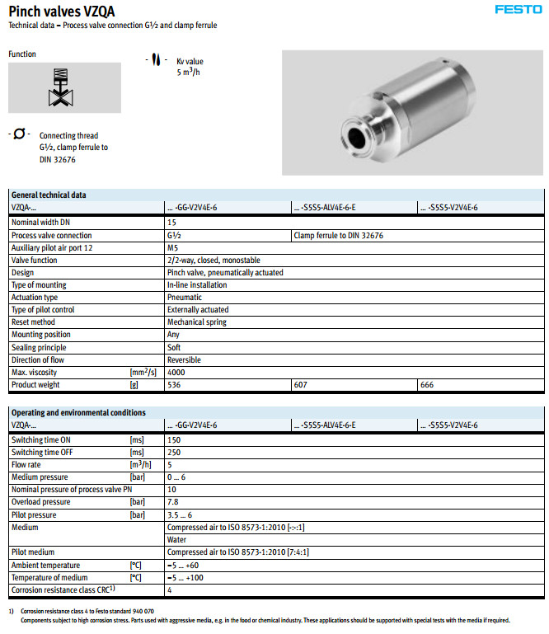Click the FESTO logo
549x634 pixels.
pyautogui.click(x=518, y=10)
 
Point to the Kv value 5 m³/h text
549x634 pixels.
pyautogui.click(x=190, y=67)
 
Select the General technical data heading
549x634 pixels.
pyautogui.click(x=48, y=195)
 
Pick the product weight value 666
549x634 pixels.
pyautogui.click(x=428, y=385)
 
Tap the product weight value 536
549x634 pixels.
pyautogui.click(x=174, y=385)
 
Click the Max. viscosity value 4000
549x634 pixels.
pyautogui.click(x=176, y=373)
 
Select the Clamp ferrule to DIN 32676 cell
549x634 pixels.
pyautogui.click(x=338, y=235)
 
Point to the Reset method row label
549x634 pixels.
pyautogui.click(x=33, y=322)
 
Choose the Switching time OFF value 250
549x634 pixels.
pyautogui.click(x=174, y=452)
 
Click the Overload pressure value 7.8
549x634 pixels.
pyautogui.click(x=173, y=502)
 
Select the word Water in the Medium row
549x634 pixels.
pyautogui.click(x=177, y=539)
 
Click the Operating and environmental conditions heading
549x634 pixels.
pyautogui.click(x=78, y=412)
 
